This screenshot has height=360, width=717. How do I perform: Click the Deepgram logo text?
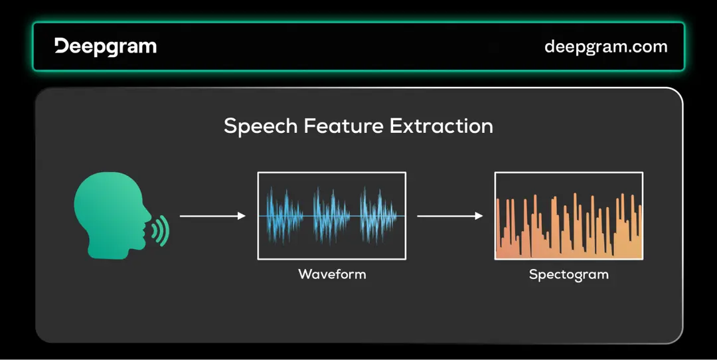coord(106,46)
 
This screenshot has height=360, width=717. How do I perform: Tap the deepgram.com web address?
coord(605,46)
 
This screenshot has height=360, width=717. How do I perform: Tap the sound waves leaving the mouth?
coord(159,229)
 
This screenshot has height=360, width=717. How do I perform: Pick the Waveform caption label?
coord(331,274)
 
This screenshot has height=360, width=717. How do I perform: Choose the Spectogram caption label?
coord(568,274)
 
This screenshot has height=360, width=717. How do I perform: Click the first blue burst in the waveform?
coord(285,216)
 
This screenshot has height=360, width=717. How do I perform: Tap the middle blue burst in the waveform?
coord(331,216)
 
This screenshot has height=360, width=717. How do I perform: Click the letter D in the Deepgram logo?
coord(62,46)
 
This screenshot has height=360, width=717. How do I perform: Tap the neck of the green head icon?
coord(106,249)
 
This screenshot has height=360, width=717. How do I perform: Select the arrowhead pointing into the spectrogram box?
coord(478,216)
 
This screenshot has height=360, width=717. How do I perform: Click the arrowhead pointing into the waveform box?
coord(242,216)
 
